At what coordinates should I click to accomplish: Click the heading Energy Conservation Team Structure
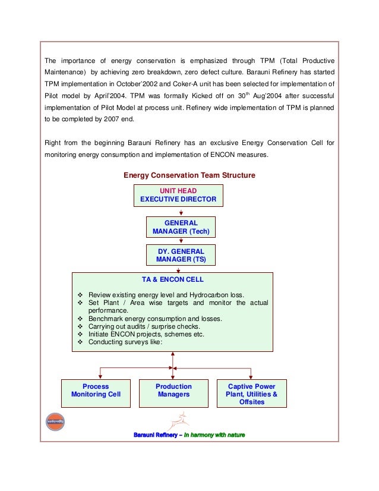(189, 175)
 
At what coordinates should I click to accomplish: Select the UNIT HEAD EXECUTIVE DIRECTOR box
(178, 195)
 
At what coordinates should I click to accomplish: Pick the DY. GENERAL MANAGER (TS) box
(181, 256)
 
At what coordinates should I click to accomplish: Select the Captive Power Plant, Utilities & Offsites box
(252, 394)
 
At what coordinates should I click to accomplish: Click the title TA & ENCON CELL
(172, 279)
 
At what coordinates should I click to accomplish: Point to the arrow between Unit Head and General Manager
(178, 211)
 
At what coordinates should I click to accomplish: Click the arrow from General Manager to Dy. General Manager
(180, 241)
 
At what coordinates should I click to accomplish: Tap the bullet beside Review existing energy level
(80, 295)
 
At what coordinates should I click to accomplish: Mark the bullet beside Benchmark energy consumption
(80, 319)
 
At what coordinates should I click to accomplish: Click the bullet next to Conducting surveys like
(80, 342)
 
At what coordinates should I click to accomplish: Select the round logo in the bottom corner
(55, 422)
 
